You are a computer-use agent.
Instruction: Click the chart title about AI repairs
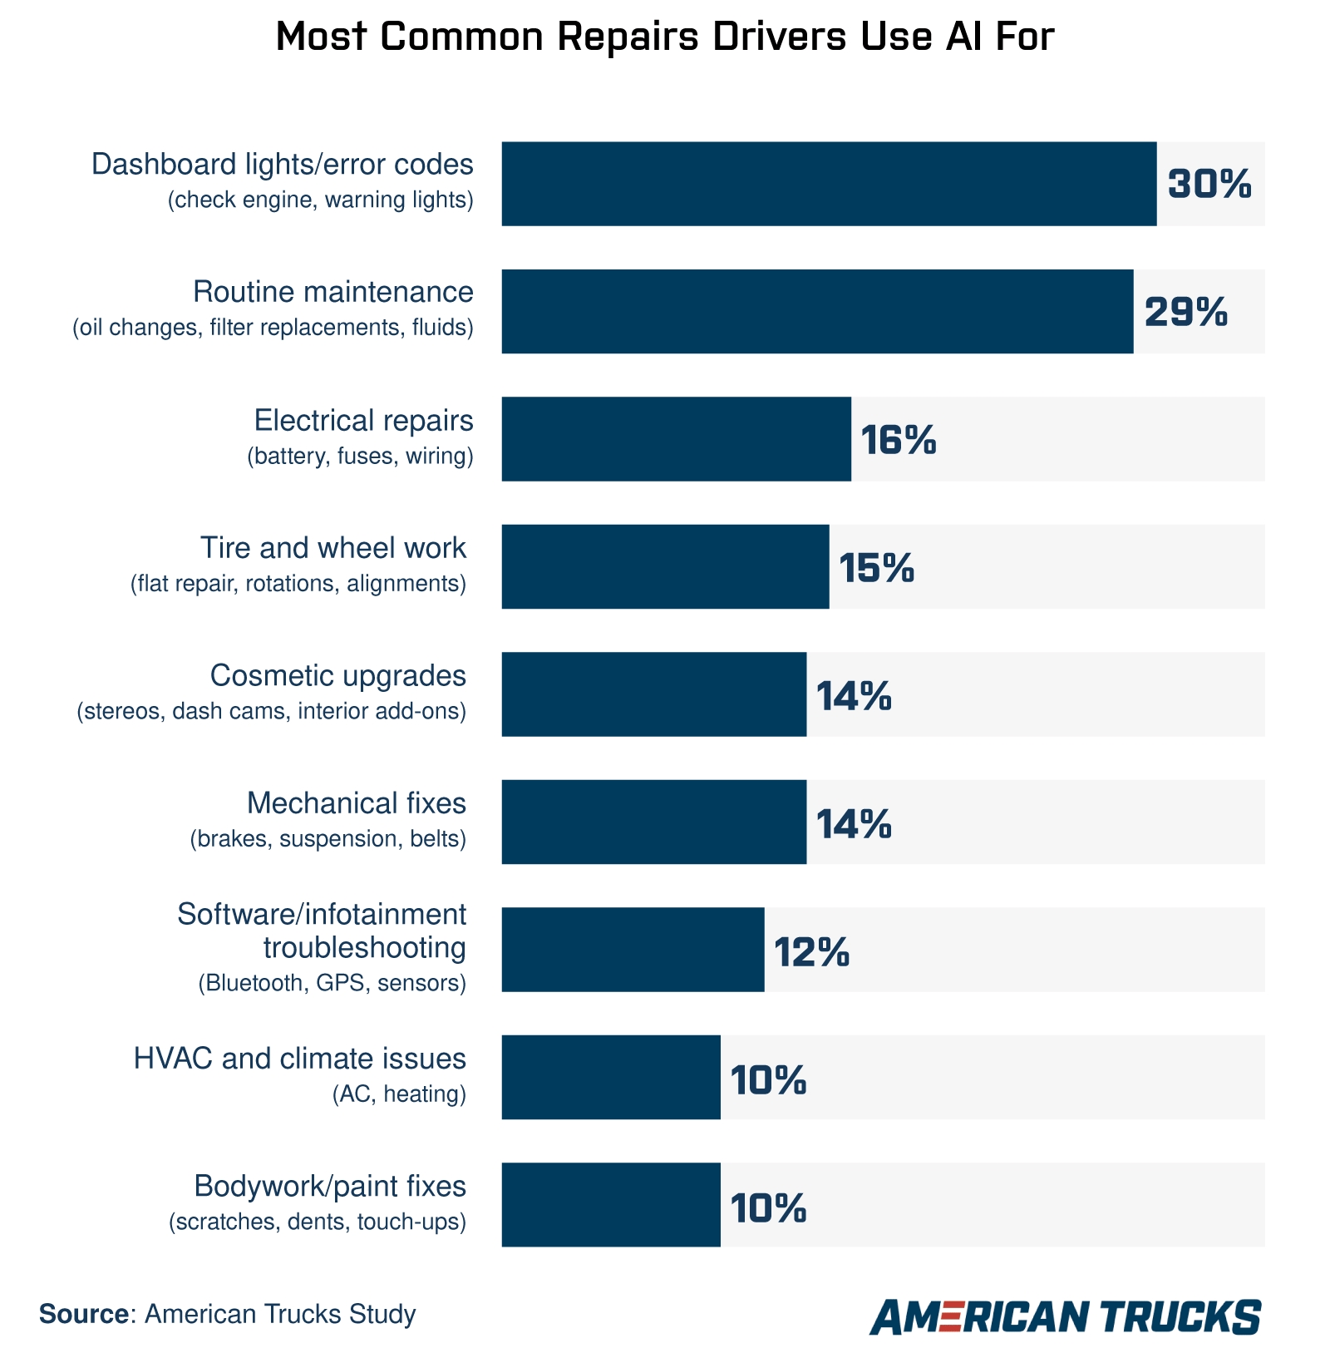tap(664, 37)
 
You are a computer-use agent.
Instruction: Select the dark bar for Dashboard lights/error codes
tap(828, 184)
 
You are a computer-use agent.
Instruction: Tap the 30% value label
tap(1209, 184)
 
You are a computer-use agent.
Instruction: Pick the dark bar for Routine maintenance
tap(816, 312)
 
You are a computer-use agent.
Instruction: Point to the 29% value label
tap(1185, 312)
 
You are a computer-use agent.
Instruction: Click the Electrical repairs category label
tap(363, 421)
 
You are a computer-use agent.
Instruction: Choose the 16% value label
tap(898, 440)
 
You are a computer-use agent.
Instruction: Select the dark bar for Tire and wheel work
tap(665, 567)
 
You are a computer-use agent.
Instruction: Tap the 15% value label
tap(876, 568)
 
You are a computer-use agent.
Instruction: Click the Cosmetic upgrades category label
tap(337, 676)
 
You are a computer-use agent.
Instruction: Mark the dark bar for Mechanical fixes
tap(653, 822)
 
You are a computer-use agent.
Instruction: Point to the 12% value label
tap(811, 951)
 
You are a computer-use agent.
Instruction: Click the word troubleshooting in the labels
tap(364, 948)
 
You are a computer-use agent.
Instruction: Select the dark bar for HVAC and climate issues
tap(610, 1078)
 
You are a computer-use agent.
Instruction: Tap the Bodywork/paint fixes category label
tap(330, 1186)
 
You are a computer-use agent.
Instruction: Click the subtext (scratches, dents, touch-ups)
tap(317, 1222)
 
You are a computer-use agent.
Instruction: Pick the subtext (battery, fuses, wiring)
tap(360, 456)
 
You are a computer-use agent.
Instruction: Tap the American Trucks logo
tap(1065, 1316)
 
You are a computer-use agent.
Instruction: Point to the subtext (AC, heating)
tap(399, 1094)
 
